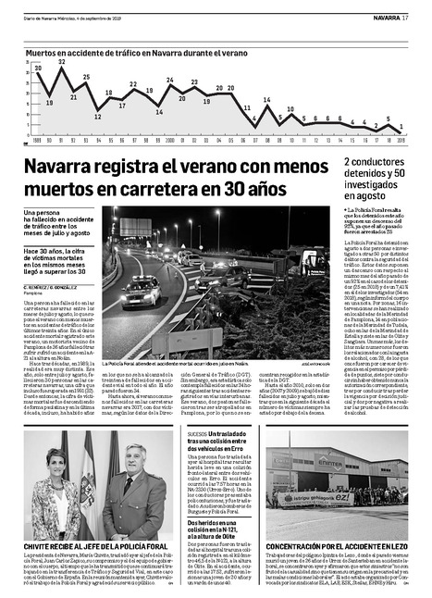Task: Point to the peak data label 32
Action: pos(62,62)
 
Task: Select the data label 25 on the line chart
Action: pos(86,78)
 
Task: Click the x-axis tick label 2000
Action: pos(170,140)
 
